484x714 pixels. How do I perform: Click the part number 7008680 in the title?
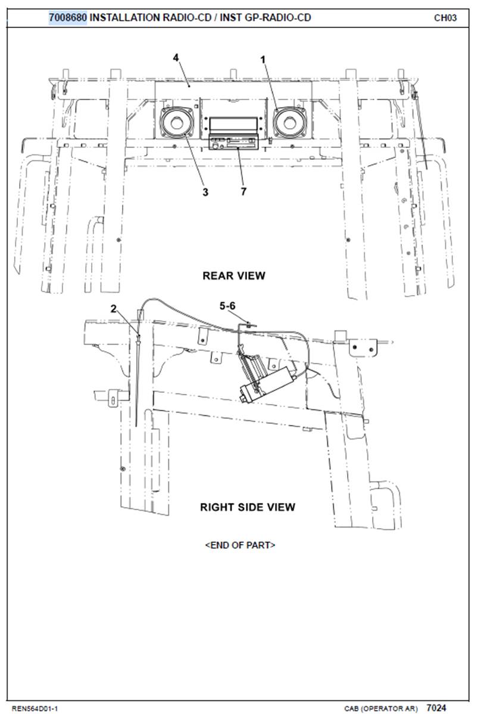pyautogui.click(x=68, y=18)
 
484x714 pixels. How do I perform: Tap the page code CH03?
pyautogui.click(x=445, y=18)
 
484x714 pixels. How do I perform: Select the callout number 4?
pyautogui.click(x=176, y=58)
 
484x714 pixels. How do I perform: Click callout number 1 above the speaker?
pyautogui.click(x=263, y=59)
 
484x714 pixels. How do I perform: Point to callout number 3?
pyautogui.click(x=205, y=192)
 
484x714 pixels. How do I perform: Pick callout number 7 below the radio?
pyautogui.click(x=243, y=191)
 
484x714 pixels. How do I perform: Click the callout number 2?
pyautogui.click(x=114, y=309)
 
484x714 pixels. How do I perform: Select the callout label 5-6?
pyautogui.click(x=227, y=306)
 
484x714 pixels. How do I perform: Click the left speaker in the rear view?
pyautogui.click(x=176, y=122)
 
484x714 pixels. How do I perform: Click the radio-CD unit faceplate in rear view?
pyautogui.click(x=234, y=142)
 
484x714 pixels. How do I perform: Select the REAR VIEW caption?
pyautogui.click(x=234, y=275)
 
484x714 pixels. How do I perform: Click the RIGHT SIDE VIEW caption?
pyautogui.click(x=248, y=507)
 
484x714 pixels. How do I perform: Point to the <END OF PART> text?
pyautogui.click(x=240, y=545)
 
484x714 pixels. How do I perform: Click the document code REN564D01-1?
pyautogui.click(x=35, y=709)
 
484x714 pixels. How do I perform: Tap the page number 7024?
pyautogui.click(x=436, y=707)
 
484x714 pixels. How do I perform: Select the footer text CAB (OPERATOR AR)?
pyautogui.click(x=381, y=709)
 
